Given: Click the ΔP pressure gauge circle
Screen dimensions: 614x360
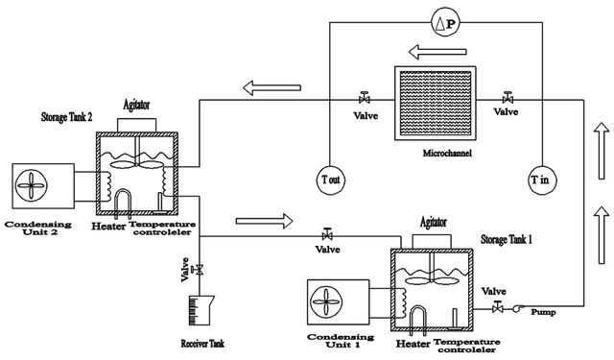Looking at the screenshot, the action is coord(445,23).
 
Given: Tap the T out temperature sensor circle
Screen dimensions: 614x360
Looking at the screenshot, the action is coord(331,180).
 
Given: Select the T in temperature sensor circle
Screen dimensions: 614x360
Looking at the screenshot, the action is coord(542,180).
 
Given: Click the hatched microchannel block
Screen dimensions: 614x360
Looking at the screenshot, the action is coord(435,103).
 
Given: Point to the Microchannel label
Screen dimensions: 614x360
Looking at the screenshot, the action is coord(447,154).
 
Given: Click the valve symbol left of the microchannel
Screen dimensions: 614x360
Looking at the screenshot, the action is coord(365,97).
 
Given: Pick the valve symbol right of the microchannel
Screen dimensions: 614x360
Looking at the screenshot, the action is coord(508,97).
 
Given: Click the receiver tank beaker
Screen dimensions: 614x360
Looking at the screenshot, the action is coord(201,311).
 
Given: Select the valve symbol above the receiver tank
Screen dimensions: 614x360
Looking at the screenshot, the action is coord(198,270).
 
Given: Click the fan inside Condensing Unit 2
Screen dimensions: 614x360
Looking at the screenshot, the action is coord(32,185).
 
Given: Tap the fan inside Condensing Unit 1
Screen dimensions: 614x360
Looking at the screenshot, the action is coord(326,301).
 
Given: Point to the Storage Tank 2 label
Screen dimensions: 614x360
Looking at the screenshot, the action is coord(66,117).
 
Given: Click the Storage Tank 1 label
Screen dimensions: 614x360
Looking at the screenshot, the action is coord(507,239).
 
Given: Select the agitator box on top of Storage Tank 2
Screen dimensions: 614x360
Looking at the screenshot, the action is coord(136,126).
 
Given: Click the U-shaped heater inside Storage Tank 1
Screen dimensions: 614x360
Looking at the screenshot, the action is coord(418,318).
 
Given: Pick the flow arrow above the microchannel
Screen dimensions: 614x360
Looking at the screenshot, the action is coord(437,52).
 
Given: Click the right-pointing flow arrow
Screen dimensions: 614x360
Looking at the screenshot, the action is coord(264,222).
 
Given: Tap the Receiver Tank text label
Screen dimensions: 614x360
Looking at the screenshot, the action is coord(202,344).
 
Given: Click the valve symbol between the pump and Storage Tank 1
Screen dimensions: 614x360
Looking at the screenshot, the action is coord(497,307).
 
